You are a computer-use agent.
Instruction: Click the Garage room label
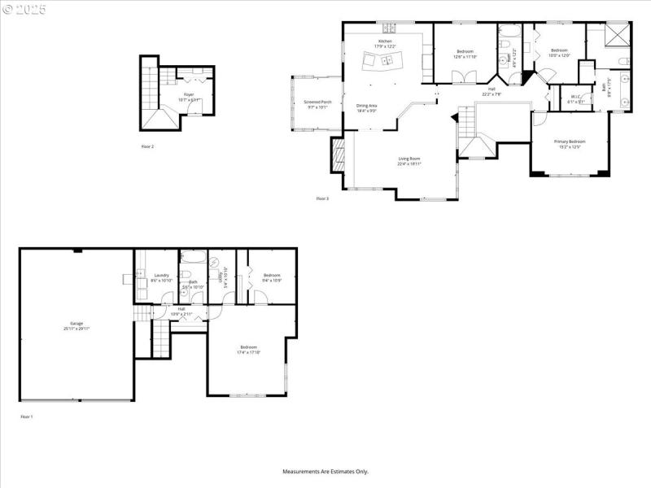point(76,323)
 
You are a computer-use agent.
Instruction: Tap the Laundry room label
point(161,276)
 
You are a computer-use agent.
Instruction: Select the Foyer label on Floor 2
point(189,95)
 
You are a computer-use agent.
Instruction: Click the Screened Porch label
point(317,102)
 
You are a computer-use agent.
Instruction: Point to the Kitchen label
point(384,41)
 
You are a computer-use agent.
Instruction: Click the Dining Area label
point(366,106)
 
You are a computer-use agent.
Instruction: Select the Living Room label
point(409,159)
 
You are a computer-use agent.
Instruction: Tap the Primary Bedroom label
point(570,142)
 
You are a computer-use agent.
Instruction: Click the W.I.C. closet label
point(575,97)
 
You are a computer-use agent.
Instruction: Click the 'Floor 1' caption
point(27,416)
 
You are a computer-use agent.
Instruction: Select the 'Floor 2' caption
point(147,146)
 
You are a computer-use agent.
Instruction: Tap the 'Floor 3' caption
point(322,198)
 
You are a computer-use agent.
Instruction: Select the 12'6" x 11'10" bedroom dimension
point(465,56)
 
